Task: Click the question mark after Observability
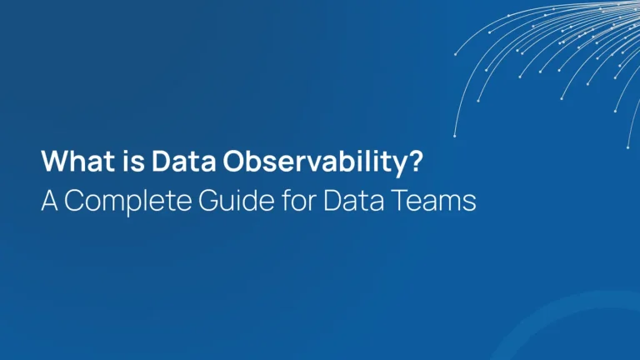[415, 161]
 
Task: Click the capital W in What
[52, 161]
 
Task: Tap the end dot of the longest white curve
[455, 135]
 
